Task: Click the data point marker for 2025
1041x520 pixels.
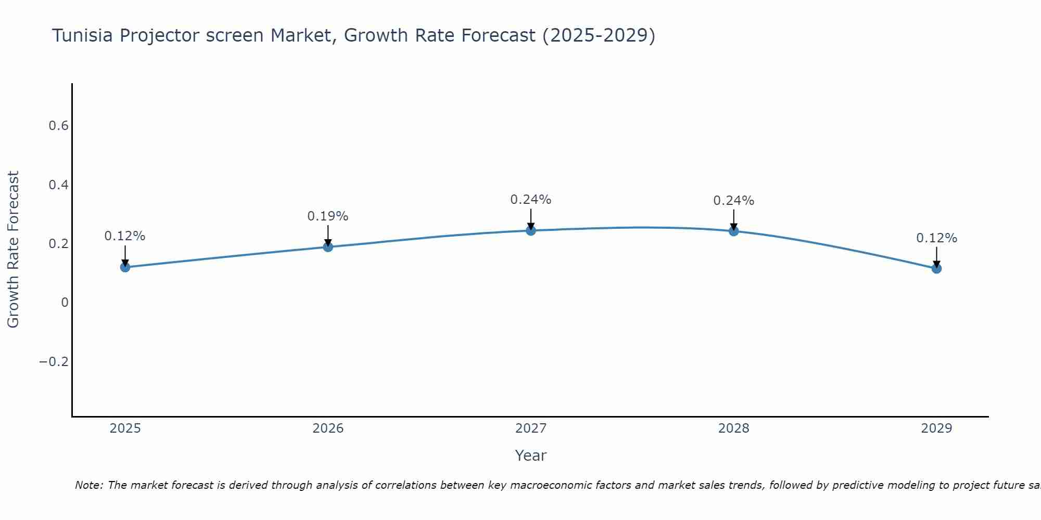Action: point(125,267)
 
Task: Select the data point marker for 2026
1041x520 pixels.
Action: point(328,246)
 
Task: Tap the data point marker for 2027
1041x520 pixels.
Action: point(531,230)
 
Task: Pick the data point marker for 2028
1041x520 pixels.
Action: point(734,231)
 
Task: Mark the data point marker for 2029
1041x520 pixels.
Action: point(936,268)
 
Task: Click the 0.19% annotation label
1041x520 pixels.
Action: point(328,216)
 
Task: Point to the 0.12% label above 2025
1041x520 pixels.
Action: point(125,236)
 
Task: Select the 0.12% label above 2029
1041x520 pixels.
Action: point(936,238)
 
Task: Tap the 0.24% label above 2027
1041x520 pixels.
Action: point(531,200)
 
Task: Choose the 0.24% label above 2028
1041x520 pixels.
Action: point(734,201)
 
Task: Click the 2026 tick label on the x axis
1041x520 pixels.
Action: point(328,428)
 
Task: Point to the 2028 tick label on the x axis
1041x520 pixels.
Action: point(734,428)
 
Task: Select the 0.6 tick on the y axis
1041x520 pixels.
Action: point(58,126)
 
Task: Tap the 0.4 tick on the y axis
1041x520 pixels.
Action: point(58,185)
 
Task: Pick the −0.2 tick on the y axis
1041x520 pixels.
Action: point(54,362)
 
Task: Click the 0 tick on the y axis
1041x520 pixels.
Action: point(65,303)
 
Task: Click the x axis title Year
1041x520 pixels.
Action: point(531,456)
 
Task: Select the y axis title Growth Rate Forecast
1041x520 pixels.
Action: point(13,250)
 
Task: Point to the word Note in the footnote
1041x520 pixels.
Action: point(89,485)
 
